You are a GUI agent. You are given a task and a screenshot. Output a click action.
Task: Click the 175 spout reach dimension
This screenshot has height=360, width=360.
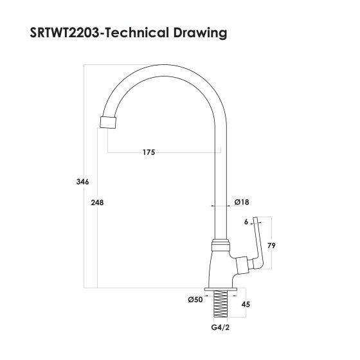[149, 152]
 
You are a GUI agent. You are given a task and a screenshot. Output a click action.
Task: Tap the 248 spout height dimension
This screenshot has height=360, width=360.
[98, 203]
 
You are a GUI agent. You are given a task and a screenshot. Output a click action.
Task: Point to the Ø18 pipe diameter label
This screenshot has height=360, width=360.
[242, 202]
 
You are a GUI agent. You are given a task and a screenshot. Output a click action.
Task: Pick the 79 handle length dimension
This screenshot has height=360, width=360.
[271, 245]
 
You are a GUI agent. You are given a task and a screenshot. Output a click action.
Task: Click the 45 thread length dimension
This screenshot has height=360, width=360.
[245, 305]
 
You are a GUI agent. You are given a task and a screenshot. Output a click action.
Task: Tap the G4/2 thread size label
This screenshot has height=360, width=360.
[220, 328]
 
